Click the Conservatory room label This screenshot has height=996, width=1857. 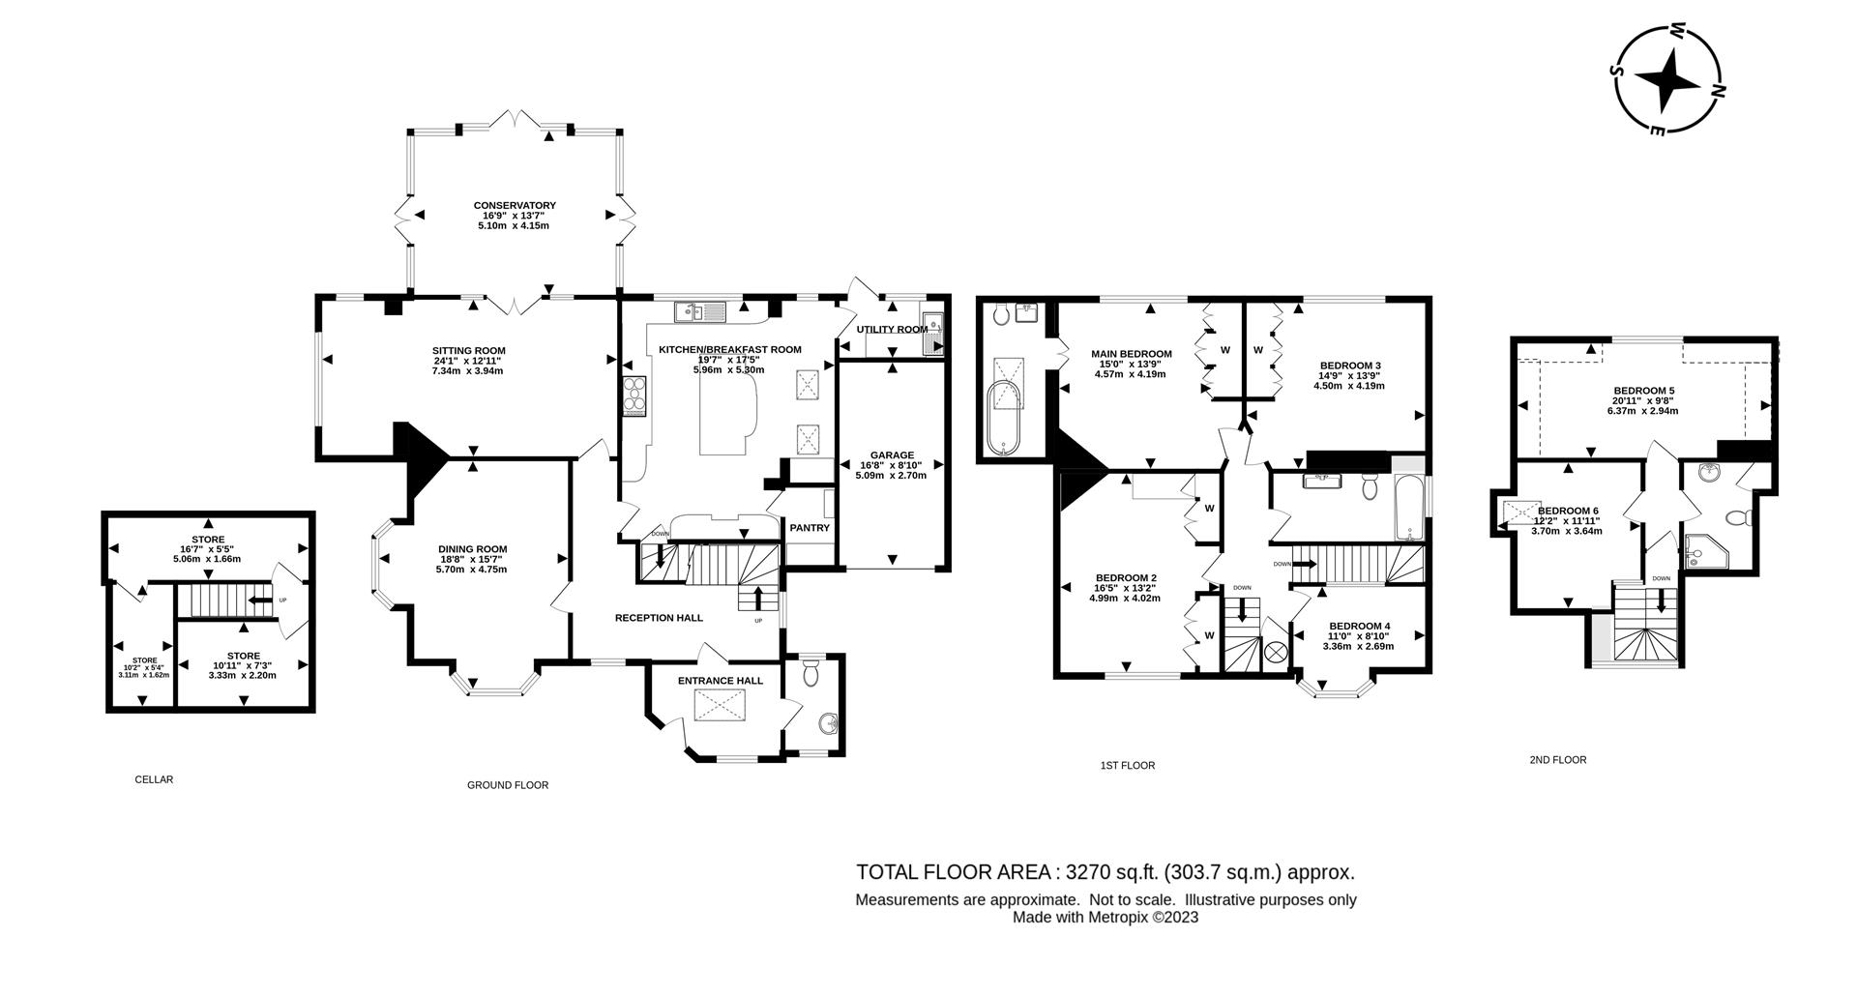tap(514, 205)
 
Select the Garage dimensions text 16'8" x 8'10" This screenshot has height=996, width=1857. tap(892, 465)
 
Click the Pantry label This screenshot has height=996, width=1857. tap(810, 528)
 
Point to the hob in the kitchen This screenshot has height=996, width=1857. tap(635, 395)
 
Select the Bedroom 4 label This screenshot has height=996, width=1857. tap(1359, 626)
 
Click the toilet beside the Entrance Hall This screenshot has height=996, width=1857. tap(811, 672)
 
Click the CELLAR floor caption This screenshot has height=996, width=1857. tap(154, 779)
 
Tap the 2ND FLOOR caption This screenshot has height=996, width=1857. tap(1557, 760)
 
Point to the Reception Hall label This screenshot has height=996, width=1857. tap(659, 618)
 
